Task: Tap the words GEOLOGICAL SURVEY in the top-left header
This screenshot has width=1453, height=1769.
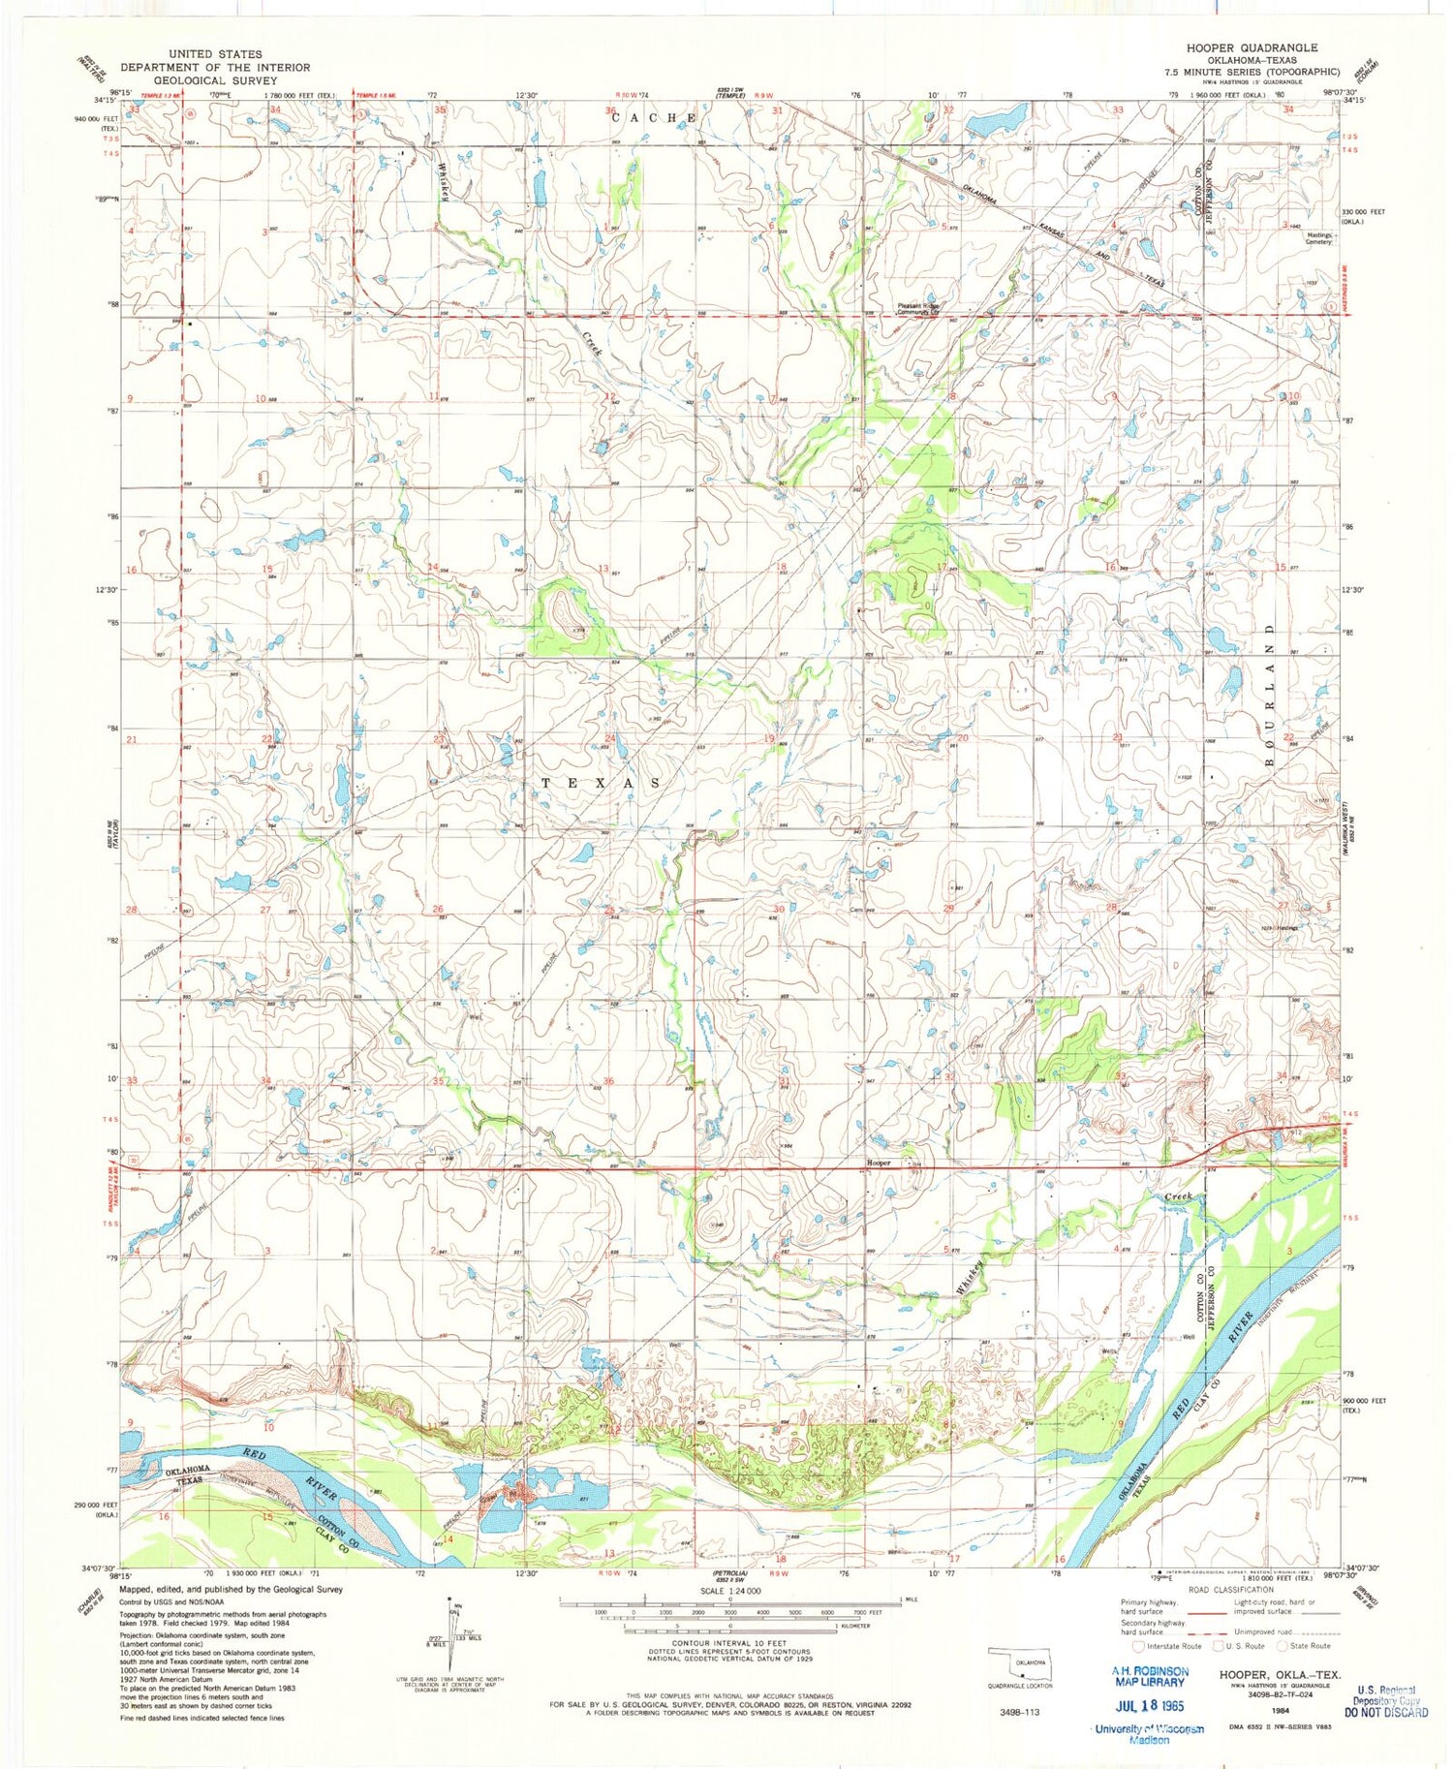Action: pyautogui.click(x=216, y=80)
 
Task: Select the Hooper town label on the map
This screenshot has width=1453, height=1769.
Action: pyautogui.click(x=878, y=1162)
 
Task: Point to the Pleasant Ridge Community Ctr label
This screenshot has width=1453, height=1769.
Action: pyautogui.click(x=917, y=308)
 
